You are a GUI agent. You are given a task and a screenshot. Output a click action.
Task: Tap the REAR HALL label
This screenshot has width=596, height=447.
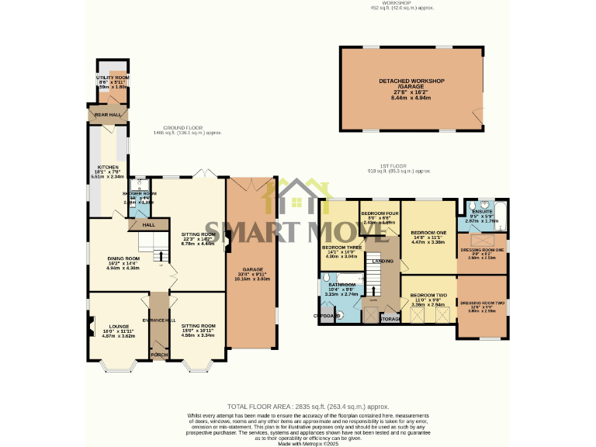(x=108, y=115)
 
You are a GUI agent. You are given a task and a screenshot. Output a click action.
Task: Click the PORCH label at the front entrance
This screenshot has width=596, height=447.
(x=159, y=355)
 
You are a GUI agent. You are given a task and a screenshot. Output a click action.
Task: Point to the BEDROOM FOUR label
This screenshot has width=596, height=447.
(x=379, y=213)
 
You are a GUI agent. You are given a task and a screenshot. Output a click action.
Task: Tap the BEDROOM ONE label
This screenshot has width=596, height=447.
(x=428, y=233)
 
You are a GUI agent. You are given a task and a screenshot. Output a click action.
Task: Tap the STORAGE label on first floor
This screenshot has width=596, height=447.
(x=390, y=318)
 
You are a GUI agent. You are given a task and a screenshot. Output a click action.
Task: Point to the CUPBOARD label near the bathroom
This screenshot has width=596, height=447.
(x=327, y=316)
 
